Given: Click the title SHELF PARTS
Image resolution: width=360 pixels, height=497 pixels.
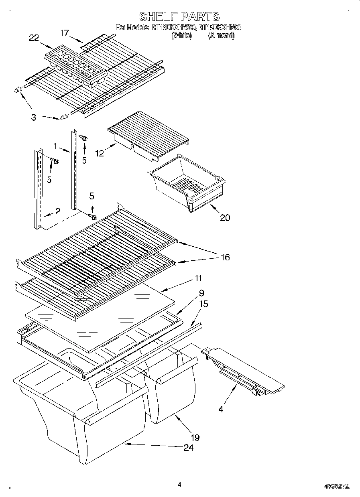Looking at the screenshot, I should tap(179, 16).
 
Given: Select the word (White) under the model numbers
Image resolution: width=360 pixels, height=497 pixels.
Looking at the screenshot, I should tap(181, 35).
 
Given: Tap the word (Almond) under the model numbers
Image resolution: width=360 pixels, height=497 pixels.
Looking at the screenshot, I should tap(221, 35).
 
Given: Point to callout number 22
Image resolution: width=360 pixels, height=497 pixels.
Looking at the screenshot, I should tap(34, 38).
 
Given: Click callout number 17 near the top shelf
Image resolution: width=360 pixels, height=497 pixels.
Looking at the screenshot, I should tap(65, 33).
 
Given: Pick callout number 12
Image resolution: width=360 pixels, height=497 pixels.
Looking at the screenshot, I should tap(100, 153).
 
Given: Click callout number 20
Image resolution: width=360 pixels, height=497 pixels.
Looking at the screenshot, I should tap(225, 218).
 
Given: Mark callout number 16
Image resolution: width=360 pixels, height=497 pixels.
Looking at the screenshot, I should tap(225, 257).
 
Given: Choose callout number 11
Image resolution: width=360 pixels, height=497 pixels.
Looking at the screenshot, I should tap(198, 278).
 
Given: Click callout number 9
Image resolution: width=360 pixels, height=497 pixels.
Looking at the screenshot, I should tap(201, 293).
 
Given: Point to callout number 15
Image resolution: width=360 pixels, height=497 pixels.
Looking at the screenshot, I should tap(203, 304).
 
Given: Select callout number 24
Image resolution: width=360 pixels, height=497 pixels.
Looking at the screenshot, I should tap(188, 447).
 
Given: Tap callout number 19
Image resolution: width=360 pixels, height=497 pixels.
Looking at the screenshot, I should tap(195, 437).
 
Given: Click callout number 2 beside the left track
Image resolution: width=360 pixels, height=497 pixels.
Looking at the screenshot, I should tap(58, 211).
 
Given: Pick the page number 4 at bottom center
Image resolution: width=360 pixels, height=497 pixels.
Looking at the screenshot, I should tap(179, 485).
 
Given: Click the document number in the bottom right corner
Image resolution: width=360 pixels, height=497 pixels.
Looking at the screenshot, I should tap(336, 486).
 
